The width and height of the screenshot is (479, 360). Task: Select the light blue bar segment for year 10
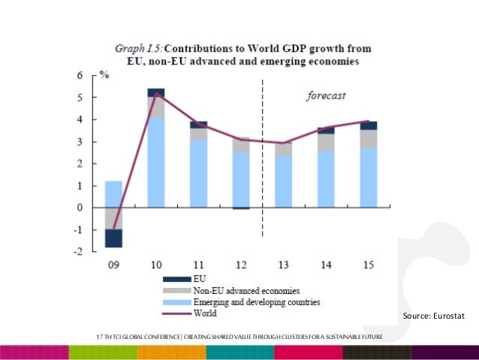tap(155, 162)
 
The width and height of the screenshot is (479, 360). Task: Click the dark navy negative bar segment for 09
tap(113, 238)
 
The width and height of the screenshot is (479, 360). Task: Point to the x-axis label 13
tap(284, 265)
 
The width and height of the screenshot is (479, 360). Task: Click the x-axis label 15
tap(369, 265)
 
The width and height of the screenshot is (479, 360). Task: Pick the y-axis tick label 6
tap(80, 75)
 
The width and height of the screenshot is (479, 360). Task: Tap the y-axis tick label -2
tap(79, 252)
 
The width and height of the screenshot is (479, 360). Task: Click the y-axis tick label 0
tap(80, 207)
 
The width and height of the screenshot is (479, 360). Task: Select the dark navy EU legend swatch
tap(177, 278)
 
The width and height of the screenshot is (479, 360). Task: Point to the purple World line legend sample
tap(177, 313)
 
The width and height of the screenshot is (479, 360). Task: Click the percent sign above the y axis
tap(105, 76)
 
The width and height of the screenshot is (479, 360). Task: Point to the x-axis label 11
tap(198, 265)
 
